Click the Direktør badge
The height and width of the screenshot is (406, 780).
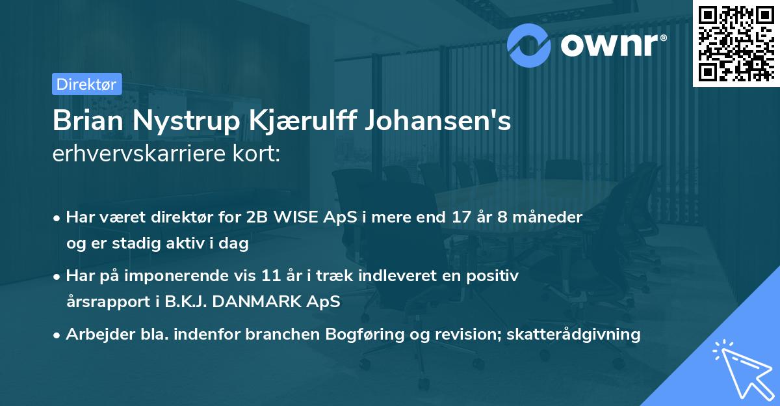click(86, 84)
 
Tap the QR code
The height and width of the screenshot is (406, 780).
click(736, 43)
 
